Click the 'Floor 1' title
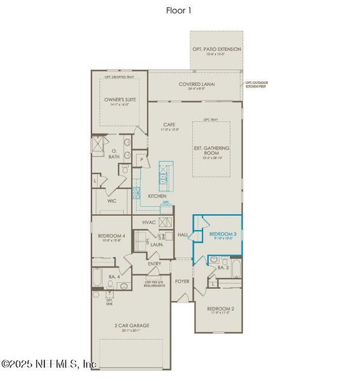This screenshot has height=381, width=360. (180, 10)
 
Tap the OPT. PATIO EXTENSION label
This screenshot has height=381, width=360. (217, 50)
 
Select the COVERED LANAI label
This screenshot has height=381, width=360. (195, 85)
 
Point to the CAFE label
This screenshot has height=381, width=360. (169, 125)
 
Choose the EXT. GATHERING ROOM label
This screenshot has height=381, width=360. (211, 151)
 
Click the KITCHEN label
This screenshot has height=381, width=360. (157, 196)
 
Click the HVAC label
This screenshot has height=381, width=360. (149, 222)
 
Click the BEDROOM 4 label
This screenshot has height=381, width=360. (111, 237)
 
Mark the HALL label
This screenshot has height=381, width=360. (183, 235)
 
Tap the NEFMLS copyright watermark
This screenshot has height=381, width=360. (49, 364)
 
